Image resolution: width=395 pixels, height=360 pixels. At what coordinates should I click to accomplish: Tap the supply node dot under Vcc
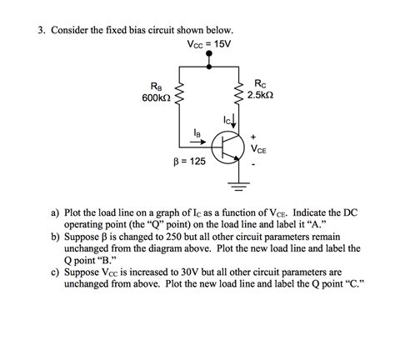coord(208,56)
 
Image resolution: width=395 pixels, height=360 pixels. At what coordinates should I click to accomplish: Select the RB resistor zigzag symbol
coord(179,94)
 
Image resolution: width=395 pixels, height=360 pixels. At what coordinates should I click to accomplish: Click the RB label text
coord(156,87)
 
